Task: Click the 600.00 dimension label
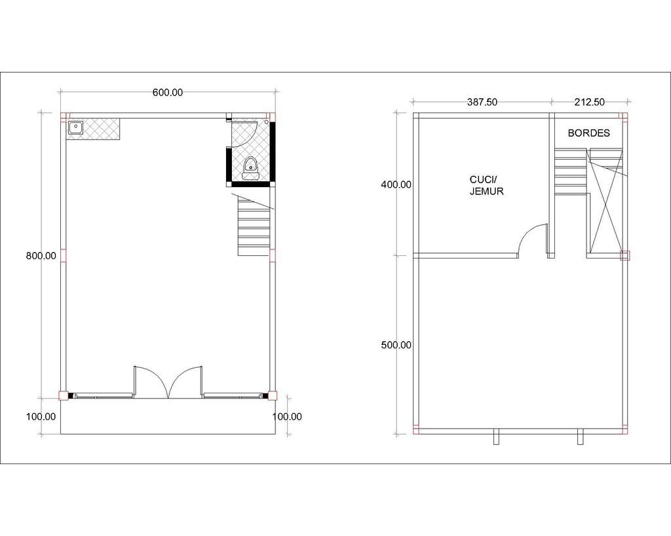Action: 168,92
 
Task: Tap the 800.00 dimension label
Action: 41,256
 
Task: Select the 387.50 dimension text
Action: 482,102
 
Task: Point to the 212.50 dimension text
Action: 590,102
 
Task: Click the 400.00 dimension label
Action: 396,185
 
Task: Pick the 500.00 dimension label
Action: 396,345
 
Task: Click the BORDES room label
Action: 589,133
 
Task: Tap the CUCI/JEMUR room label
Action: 487,185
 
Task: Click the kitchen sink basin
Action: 75,128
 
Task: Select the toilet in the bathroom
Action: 250,168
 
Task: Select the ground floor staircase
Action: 255,225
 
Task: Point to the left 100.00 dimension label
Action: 41,417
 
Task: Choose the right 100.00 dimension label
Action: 287,417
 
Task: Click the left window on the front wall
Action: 103,396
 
